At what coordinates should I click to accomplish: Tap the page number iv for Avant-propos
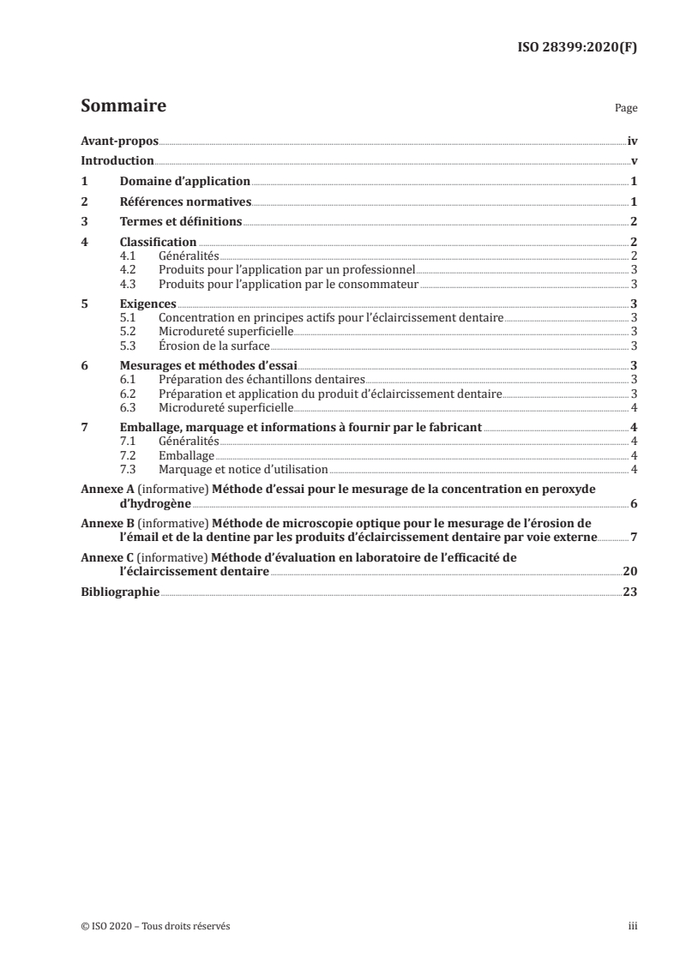pyautogui.click(x=632, y=141)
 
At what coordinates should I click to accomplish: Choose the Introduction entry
pyautogui.click(x=117, y=161)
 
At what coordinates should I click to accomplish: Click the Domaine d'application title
pyautogui.click(x=184, y=181)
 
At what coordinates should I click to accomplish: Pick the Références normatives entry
pyautogui.click(x=184, y=201)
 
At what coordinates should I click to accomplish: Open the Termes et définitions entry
pyautogui.click(x=180, y=222)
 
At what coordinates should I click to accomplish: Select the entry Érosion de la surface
pyautogui.click(x=214, y=346)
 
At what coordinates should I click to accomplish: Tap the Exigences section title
pyautogui.click(x=147, y=304)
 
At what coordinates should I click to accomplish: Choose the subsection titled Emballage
pyautogui.click(x=187, y=455)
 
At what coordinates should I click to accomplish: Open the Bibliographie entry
pyautogui.click(x=119, y=592)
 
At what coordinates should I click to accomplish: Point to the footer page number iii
pyautogui.click(x=634, y=926)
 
